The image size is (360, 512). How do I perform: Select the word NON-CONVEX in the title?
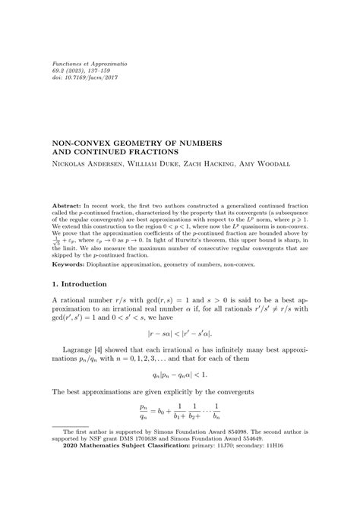click(79, 141)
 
